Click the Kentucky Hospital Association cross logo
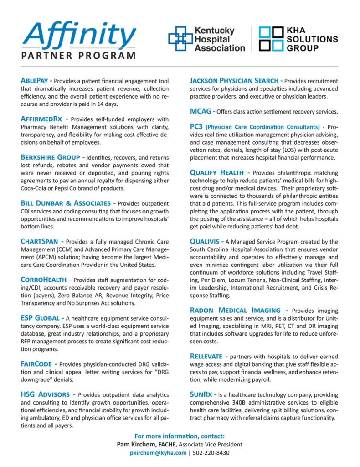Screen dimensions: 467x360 (180, 39)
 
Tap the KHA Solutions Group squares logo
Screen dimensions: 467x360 (271, 39)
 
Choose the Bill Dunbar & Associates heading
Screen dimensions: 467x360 (65, 203)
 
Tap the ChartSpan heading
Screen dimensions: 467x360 (40, 241)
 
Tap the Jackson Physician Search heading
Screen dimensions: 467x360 (233, 81)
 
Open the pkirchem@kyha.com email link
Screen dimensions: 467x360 (158, 453)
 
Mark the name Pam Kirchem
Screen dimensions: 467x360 (135, 445)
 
